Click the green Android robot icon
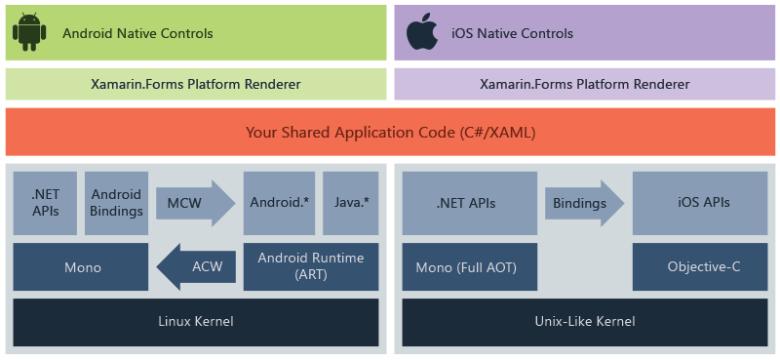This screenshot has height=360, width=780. pos(29,32)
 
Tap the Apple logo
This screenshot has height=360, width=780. pos(422,32)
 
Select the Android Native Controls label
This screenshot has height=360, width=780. pos(137,33)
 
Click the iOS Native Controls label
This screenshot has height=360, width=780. pos(513,33)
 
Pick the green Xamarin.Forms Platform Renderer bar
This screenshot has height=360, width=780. pos(196,84)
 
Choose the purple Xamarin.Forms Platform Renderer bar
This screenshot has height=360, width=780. pos(584,84)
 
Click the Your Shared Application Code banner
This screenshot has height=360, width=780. pos(390,132)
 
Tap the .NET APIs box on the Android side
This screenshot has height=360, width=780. pos(45,203)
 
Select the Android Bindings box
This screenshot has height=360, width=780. pos(116,203)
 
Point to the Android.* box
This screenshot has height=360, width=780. pos(279,203)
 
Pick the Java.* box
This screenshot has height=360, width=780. pos(350,203)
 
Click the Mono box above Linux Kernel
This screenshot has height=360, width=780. pos(81,266)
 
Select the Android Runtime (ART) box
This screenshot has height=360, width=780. pos(310,266)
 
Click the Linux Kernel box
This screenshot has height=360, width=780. pos(196,321)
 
